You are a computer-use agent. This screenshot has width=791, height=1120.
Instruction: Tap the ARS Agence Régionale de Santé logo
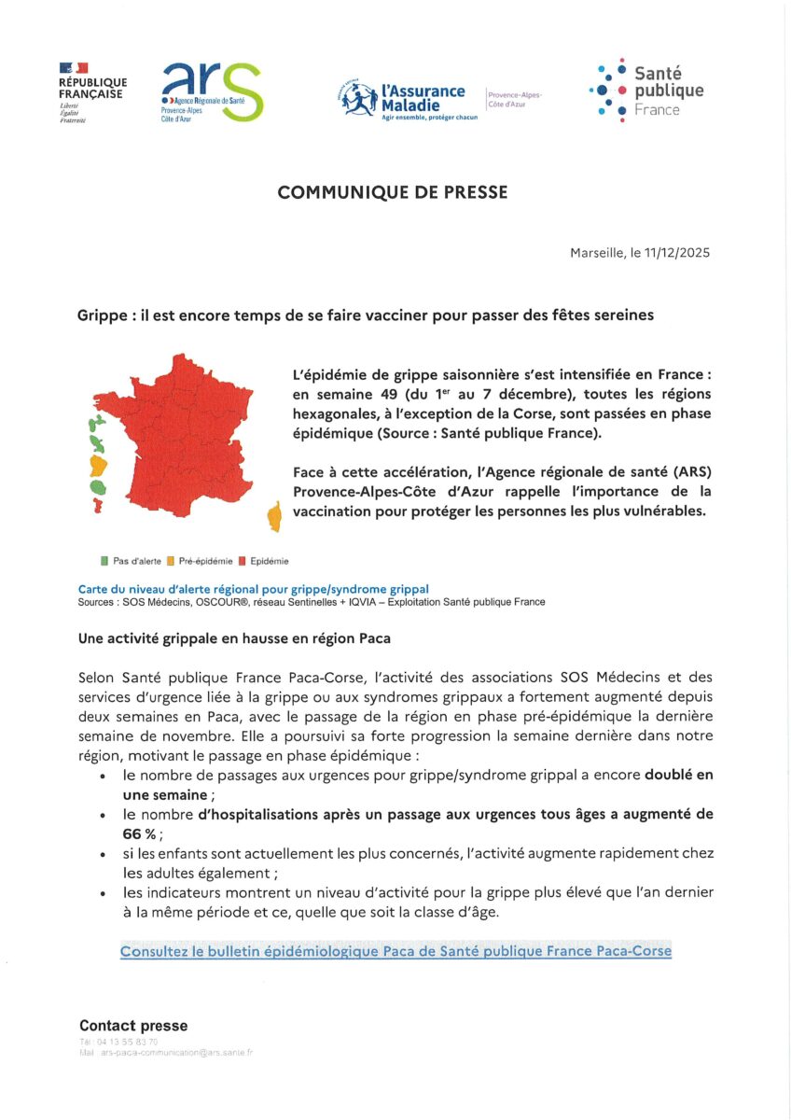[x=212, y=92]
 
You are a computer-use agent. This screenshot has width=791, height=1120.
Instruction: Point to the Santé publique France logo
[x=646, y=91]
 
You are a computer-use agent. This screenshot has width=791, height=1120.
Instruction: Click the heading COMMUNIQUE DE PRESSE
[x=393, y=192]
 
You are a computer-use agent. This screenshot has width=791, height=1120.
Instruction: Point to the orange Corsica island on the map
[x=274, y=516]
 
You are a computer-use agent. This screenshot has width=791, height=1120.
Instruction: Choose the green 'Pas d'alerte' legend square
[x=104, y=561]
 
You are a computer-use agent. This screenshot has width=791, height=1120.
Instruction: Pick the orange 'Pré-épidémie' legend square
[x=171, y=561]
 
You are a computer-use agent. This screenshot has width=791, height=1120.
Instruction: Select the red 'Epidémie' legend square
[x=242, y=561]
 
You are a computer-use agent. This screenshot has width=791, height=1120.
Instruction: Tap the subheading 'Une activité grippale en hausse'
[x=234, y=638]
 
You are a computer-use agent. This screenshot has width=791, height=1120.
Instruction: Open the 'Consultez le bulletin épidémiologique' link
[x=395, y=951]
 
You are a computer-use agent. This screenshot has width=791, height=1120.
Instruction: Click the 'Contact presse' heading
[x=133, y=1026]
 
